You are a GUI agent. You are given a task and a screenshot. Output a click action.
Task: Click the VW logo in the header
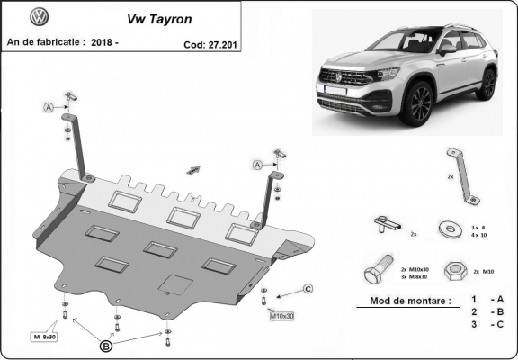[40, 18]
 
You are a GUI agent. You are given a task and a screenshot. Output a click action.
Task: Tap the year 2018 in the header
[106, 41]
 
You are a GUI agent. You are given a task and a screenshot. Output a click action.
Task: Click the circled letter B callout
[106, 345]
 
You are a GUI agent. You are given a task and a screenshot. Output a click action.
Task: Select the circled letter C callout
[307, 288]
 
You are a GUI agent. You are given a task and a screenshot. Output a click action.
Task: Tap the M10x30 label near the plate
[281, 316]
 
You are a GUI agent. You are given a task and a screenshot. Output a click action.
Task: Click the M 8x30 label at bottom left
[45, 337]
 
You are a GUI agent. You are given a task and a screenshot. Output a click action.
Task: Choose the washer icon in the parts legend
[446, 228]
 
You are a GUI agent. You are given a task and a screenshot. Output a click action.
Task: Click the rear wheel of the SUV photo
[487, 84]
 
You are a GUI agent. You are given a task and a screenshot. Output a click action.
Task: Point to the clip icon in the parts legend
[388, 224]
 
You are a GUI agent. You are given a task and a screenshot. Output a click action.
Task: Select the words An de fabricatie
[45, 41]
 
